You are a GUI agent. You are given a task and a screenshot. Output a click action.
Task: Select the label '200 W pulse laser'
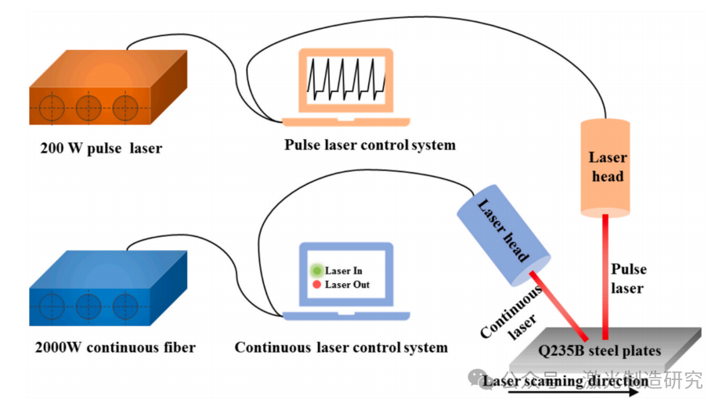click(x=101, y=148)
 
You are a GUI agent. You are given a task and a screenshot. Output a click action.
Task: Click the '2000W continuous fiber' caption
click(x=115, y=347)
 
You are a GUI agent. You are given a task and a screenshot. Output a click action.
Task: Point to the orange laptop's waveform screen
click(x=345, y=79)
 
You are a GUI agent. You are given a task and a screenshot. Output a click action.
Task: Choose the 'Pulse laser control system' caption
click(x=370, y=145)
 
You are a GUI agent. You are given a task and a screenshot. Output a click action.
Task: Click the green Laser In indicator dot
click(x=316, y=270)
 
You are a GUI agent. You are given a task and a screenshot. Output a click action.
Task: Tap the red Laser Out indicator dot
click(x=316, y=285)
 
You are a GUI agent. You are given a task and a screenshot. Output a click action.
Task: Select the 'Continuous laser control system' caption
click(x=341, y=347)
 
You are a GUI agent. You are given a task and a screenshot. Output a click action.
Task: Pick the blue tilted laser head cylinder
click(x=504, y=234)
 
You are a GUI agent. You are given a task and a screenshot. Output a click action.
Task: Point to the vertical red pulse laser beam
click(x=605, y=274)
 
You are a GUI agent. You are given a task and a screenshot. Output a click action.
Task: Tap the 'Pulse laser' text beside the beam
click(x=628, y=278)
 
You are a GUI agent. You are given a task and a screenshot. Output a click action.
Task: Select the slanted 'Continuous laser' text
click(x=513, y=313)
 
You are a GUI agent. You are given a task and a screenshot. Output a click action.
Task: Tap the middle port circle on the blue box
click(x=88, y=303)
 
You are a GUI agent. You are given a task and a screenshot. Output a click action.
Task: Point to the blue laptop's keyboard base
click(x=345, y=316)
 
